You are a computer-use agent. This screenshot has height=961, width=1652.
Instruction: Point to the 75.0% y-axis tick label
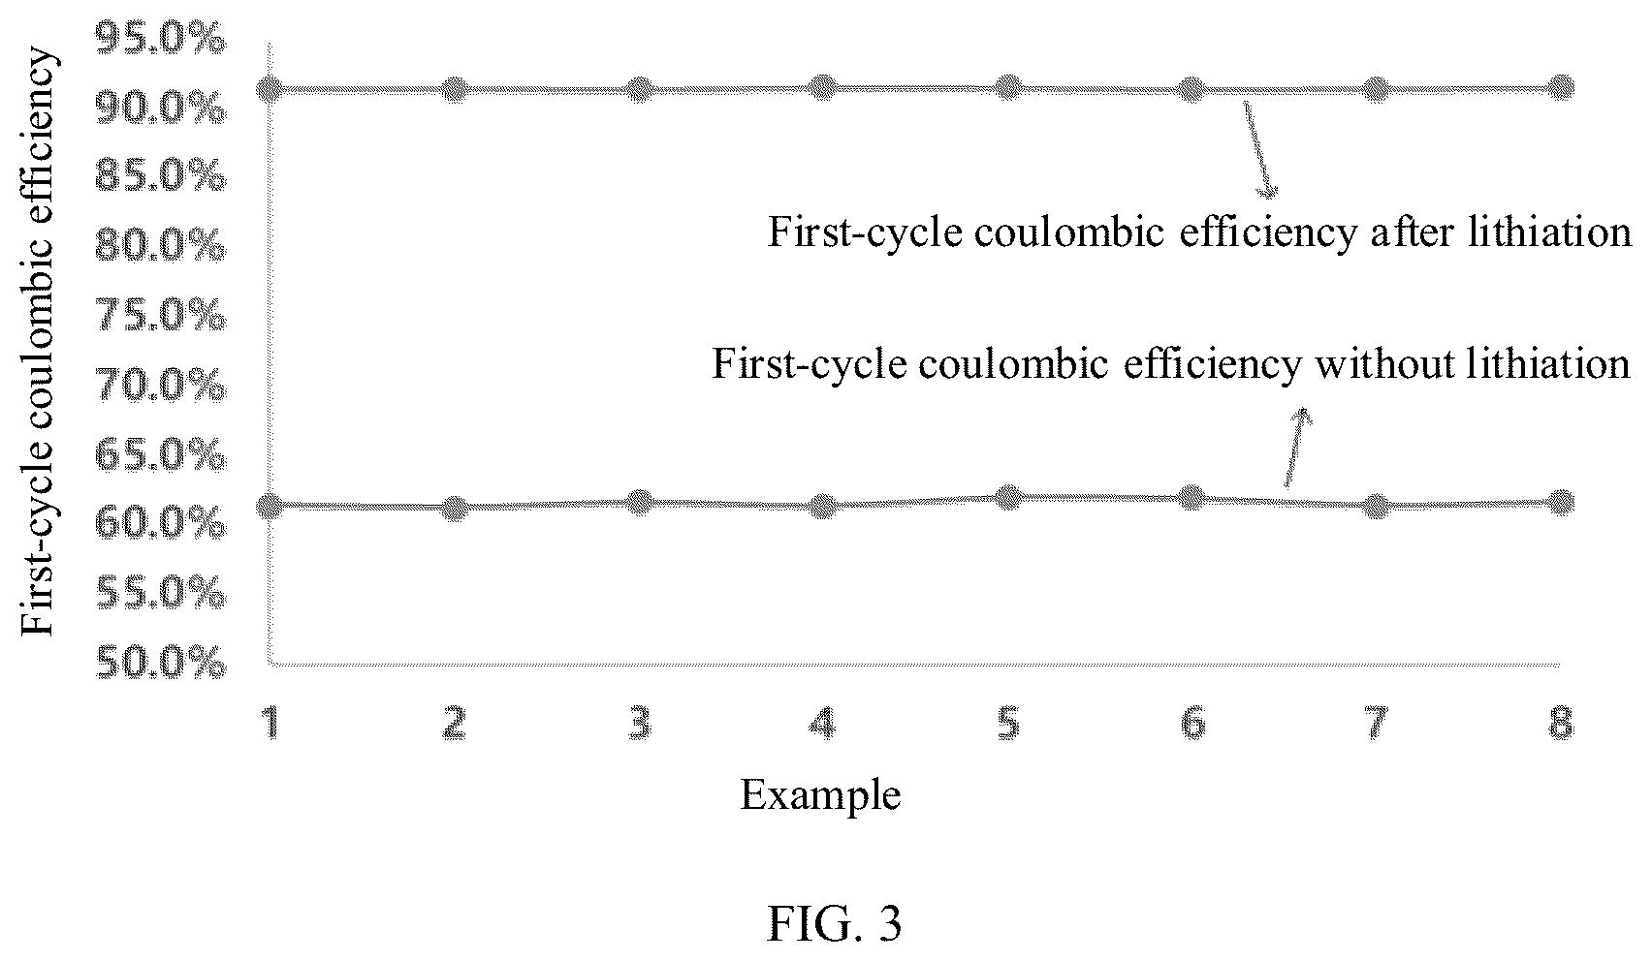(161, 316)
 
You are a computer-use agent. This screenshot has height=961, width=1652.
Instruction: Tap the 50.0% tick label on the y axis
(161, 662)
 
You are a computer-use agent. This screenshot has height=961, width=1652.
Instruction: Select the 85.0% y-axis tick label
(161, 177)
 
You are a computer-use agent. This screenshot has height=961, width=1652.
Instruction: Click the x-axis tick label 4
(822, 723)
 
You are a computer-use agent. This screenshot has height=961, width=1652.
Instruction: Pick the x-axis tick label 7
(1376, 723)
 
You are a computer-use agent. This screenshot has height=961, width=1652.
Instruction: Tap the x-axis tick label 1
(271, 723)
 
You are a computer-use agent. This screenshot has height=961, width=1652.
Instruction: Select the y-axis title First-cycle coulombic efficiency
(37, 341)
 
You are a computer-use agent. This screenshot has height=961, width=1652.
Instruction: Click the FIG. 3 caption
(834, 924)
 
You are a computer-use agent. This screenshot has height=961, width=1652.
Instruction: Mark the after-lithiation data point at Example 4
(823, 88)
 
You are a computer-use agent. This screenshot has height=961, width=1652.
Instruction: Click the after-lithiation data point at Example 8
(1561, 88)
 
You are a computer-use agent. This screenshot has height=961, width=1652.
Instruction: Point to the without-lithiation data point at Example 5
(1008, 497)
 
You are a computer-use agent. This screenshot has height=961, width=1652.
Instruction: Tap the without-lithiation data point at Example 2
(456, 508)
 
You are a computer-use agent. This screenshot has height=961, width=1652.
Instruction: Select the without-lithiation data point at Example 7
(1376, 507)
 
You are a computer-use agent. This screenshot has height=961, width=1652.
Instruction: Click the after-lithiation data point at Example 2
(456, 90)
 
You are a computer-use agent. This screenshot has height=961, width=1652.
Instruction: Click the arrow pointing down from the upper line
(1259, 150)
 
